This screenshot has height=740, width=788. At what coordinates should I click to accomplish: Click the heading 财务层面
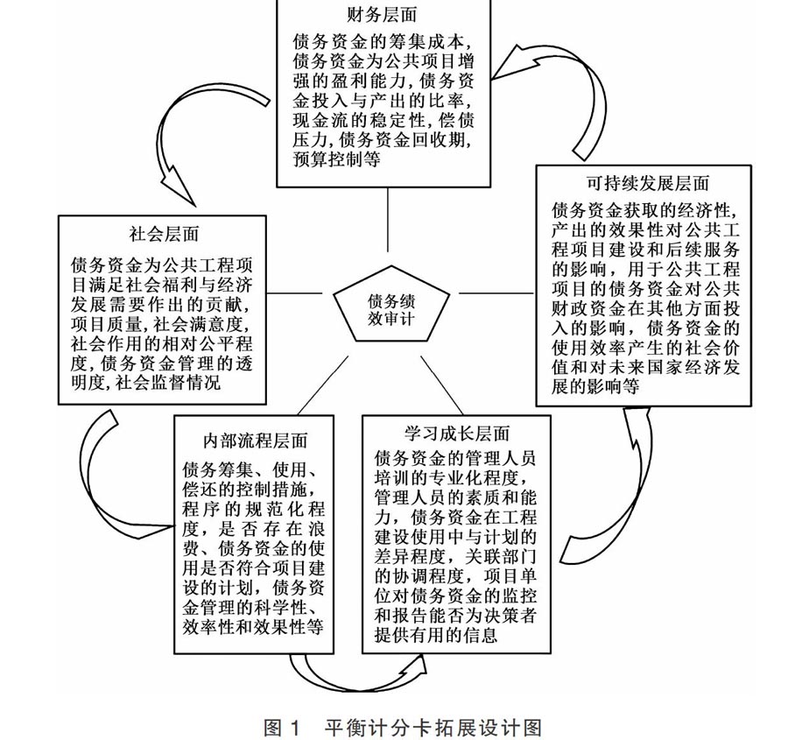[382, 15]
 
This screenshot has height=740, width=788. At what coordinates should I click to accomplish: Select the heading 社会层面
[164, 235]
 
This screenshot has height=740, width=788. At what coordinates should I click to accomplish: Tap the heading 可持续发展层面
[648, 184]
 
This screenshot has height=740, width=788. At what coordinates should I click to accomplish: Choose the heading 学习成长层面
[457, 433]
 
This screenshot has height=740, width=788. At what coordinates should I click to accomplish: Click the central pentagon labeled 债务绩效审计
[391, 304]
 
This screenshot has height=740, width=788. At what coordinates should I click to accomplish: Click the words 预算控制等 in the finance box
[337, 159]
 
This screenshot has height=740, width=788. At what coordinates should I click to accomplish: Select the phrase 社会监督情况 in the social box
[168, 383]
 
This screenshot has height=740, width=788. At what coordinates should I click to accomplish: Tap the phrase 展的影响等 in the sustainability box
[595, 386]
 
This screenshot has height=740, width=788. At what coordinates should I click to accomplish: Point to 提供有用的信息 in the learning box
[436, 635]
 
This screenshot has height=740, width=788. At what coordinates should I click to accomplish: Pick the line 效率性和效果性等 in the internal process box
[252, 627]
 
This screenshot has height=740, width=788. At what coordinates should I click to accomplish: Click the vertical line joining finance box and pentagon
[388, 220]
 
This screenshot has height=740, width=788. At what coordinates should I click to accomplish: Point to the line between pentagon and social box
[294, 292]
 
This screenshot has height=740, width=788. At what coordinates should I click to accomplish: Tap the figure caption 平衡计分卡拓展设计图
[433, 728]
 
